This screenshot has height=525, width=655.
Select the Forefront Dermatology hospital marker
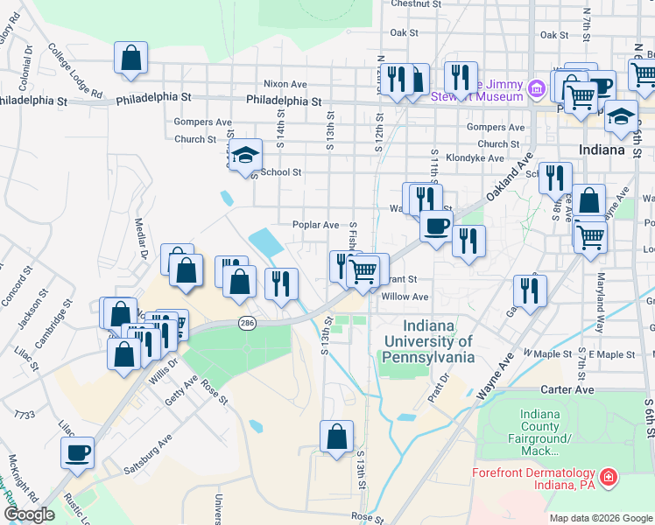tap(608, 479)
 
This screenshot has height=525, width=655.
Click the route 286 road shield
tap(248, 323)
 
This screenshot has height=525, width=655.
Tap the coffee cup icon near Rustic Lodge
tap(77, 453)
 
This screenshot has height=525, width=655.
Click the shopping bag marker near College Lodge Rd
tap(130, 59)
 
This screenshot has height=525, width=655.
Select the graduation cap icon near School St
tap(247, 155)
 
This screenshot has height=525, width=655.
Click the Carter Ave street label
tap(573, 389)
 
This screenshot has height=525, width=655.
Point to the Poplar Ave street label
tap(316, 225)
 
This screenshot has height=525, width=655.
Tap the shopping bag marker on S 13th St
tap(336, 437)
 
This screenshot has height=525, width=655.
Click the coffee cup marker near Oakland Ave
tap(436, 227)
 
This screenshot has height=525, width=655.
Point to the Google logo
tap(29, 514)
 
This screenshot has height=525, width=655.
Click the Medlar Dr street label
tap(140, 237)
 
